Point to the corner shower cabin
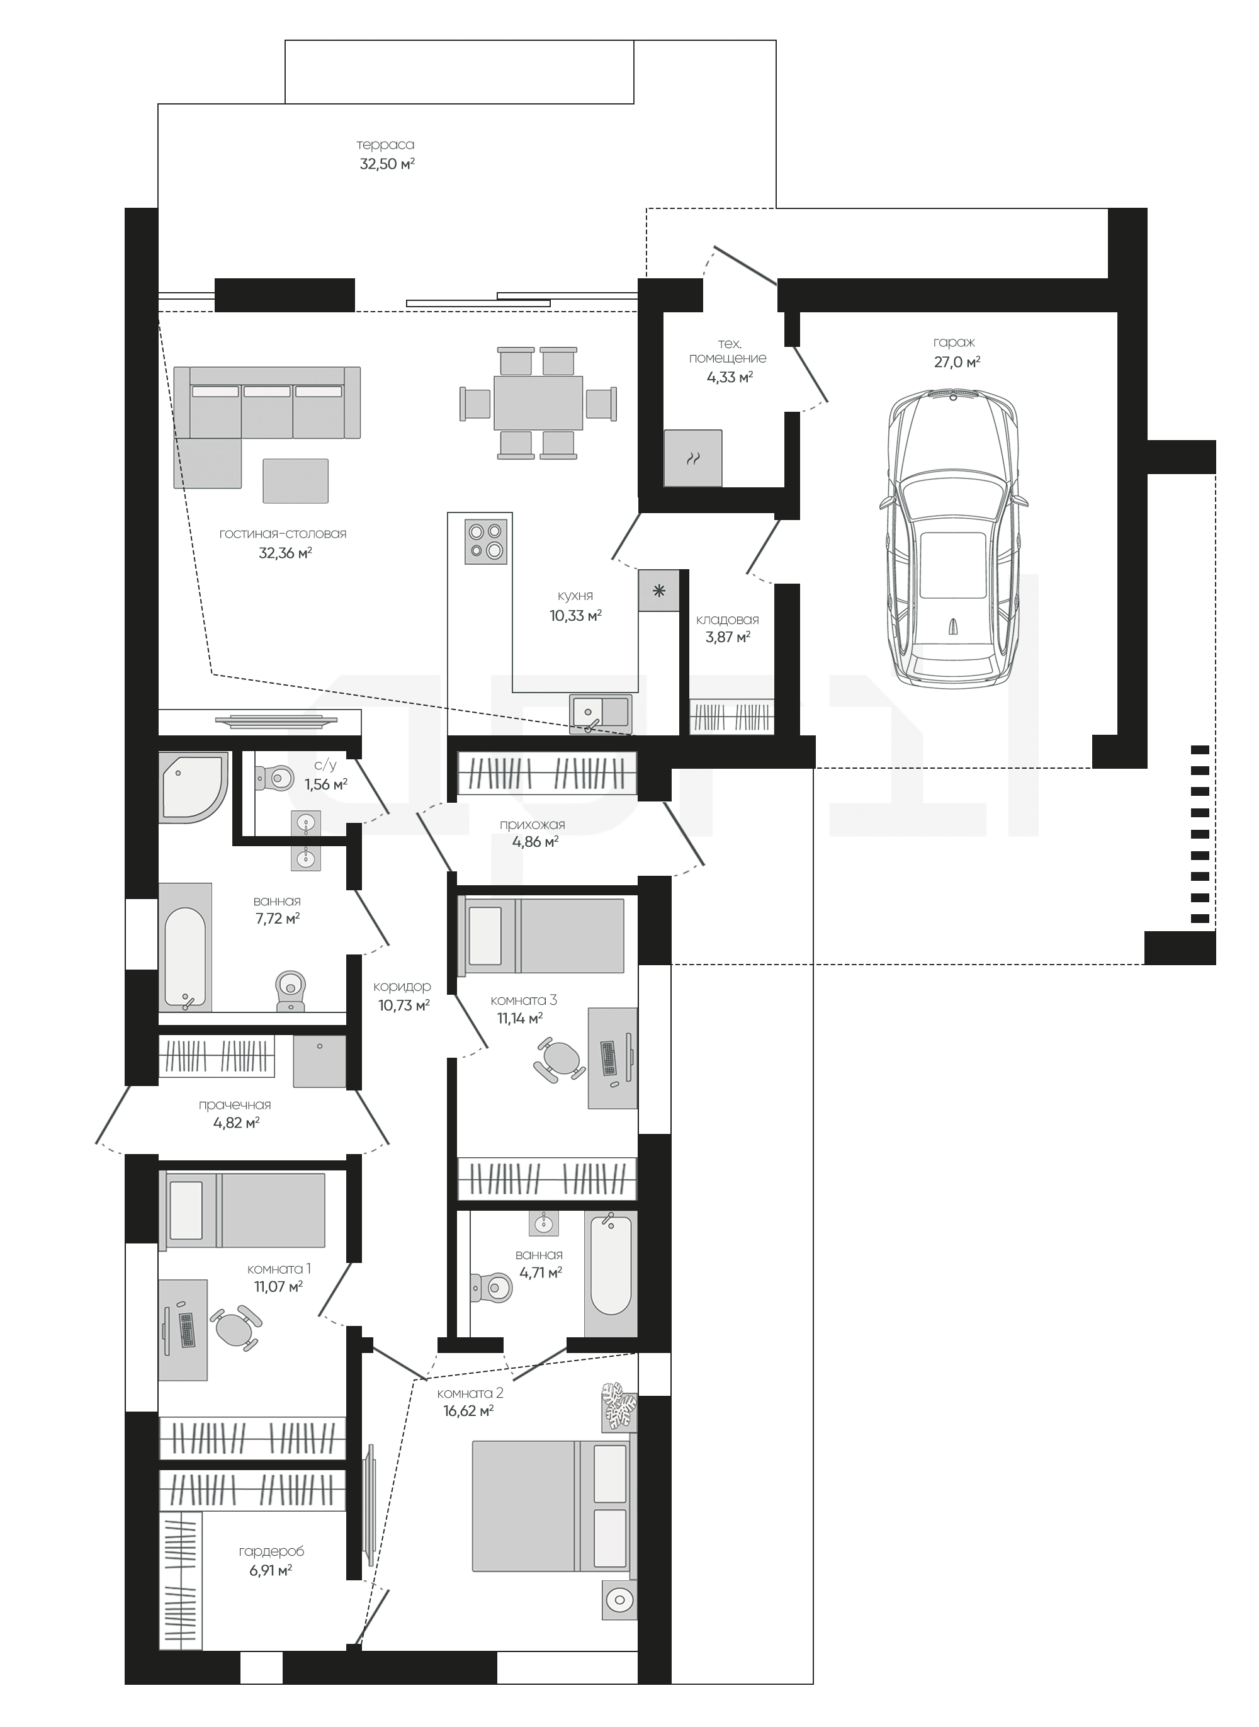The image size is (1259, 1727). tap(194, 787)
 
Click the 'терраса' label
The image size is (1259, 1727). tap(386, 144)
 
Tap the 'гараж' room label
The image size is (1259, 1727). tap(954, 343)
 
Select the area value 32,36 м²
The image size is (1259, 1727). tap(286, 553)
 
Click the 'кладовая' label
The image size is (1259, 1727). tap(728, 620)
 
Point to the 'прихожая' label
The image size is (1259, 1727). tap(533, 824)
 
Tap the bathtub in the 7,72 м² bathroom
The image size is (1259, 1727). tap(185, 958)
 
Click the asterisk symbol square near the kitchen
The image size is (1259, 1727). tap(659, 591)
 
